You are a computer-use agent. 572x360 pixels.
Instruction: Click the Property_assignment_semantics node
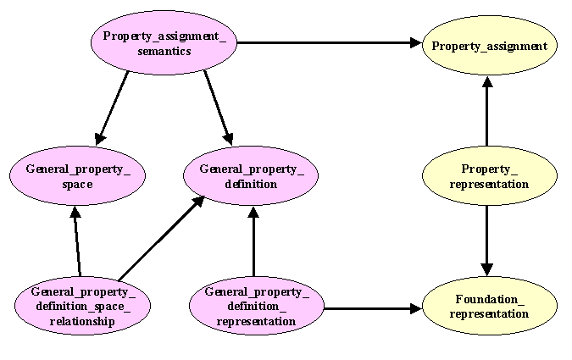[x=169, y=43]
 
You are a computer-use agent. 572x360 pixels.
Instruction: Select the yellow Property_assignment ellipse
[x=489, y=46]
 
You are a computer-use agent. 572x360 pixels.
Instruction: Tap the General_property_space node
[x=78, y=175]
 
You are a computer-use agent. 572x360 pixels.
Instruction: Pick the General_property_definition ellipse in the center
[x=250, y=176]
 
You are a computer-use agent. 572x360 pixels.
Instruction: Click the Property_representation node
[x=489, y=176]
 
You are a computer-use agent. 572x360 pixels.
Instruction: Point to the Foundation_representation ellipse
[x=490, y=307]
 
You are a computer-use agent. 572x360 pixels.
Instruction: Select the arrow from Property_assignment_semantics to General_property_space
[x=114, y=107]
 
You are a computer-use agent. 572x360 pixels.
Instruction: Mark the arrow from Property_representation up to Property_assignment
[x=487, y=110]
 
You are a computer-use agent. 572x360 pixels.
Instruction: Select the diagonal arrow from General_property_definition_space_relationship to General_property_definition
[x=161, y=237]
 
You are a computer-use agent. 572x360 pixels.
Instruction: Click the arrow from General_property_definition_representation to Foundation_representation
[x=373, y=309]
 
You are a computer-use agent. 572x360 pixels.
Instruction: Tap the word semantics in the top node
[x=169, y=51]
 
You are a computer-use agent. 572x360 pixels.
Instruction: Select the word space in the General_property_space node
[x=78, y=183]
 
